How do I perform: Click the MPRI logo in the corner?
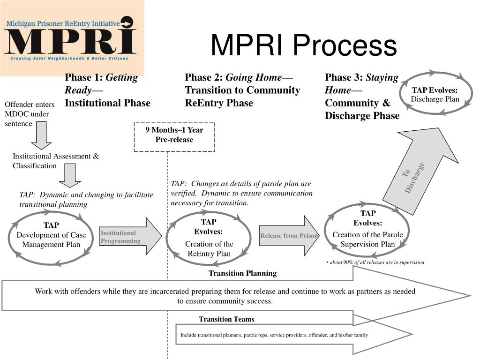72,38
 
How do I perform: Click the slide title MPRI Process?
303,45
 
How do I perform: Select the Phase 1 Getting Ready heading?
107,90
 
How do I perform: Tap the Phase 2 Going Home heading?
242,90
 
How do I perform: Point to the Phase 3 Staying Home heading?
362,97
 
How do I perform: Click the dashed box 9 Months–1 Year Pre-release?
174,135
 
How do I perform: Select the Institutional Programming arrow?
130,237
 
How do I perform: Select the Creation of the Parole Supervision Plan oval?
367,230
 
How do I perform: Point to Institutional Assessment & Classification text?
55,161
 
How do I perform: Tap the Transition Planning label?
242,273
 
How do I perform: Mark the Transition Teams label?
226,319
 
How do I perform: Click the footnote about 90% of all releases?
375,262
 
